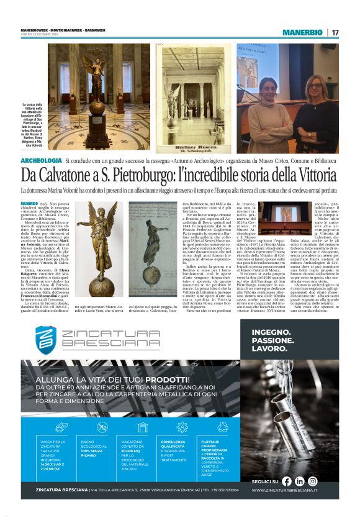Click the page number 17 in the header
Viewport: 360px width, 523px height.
click(x=335, y=32)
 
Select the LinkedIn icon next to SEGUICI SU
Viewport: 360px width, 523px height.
click(x=300, y=481)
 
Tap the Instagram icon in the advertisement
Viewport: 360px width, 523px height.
click(x=313, y=481)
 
